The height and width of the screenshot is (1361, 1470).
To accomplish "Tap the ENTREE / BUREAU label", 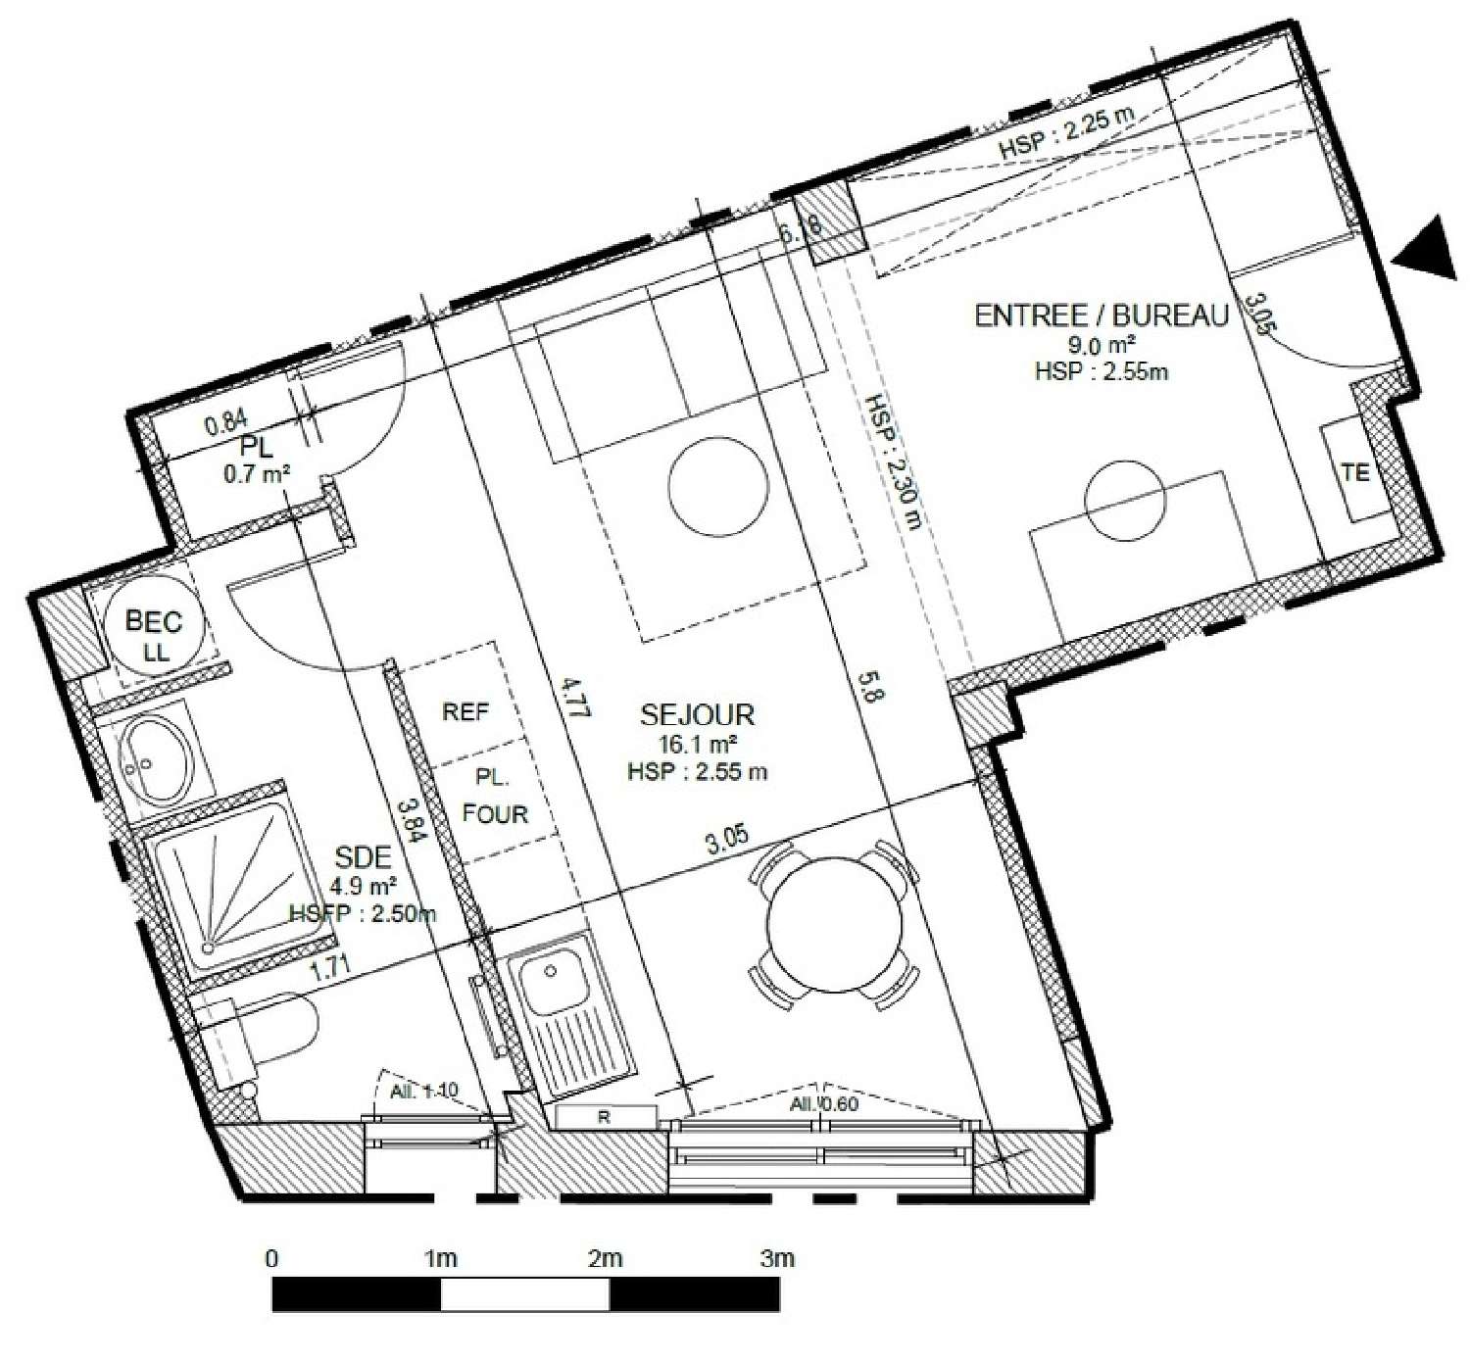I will pos(1101,316).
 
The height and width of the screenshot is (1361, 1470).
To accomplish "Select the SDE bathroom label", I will pos(363,858).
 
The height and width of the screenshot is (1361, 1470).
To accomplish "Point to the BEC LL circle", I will pos(154,635).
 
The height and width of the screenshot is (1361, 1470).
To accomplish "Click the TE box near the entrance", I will pos(1355,471).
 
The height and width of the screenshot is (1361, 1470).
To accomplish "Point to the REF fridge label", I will pos(465,712).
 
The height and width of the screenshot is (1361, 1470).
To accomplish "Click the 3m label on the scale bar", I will pos(777,1258).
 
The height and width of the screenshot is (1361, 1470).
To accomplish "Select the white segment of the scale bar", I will pos(525,1294).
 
